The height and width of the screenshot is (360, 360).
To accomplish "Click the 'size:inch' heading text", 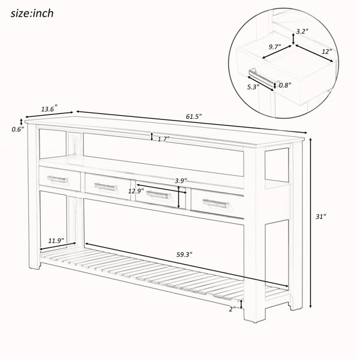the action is [32, 13].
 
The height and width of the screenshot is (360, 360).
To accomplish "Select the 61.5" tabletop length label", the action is [194, 116].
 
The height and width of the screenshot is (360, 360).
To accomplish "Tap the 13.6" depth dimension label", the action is [49, 109].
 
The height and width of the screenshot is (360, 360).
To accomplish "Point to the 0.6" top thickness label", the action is [17, 130].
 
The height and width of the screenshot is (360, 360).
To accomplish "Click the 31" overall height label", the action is [321, 217].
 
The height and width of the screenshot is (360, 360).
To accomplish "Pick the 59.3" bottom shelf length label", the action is [184, 254].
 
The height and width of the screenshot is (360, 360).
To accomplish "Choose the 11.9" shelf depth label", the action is [56, 241].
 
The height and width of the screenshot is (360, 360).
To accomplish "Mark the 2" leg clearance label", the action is [232, 309].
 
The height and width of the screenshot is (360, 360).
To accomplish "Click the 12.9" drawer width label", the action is [136, 191].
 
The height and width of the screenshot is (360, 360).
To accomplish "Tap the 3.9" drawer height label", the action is [181, 181].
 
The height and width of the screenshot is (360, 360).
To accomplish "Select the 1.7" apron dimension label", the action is [163, 139].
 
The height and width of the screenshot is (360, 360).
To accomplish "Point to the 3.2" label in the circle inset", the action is [302, 31].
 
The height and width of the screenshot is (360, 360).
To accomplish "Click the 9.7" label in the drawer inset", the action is [275, 47].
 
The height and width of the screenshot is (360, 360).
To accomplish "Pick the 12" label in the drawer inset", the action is [327, 52].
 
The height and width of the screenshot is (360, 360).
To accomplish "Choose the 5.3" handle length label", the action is [253, 87].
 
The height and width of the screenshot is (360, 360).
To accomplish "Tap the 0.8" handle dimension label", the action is [285, 85].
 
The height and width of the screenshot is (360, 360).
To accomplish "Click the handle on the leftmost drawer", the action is [58, 179].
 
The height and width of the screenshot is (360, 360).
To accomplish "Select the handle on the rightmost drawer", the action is [216, 203].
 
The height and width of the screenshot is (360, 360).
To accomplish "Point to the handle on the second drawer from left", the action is [105, 187].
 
